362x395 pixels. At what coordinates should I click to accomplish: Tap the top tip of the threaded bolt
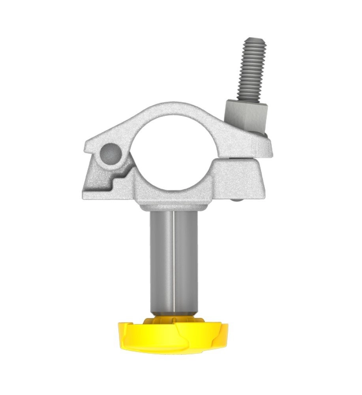(x=255, y=40)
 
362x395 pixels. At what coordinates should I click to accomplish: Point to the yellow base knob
(x=174, y=336)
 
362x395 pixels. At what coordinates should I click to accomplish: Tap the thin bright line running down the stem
(x=173, y=261)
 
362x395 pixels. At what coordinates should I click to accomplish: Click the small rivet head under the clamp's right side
(x=237, y=200)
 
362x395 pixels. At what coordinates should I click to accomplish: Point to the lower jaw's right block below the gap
(x=241, y=180)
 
